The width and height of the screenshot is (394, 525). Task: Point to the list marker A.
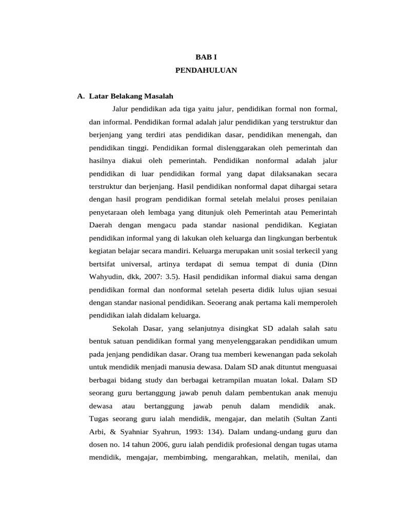point(80,96)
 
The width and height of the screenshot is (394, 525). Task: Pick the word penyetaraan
point(108,212)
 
